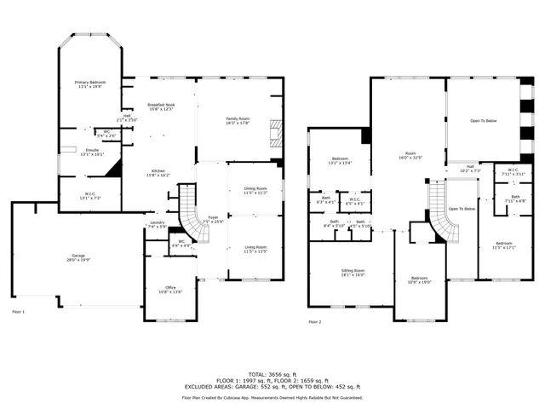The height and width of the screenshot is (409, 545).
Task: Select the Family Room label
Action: [238, 120]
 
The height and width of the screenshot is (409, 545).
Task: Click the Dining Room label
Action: [255, 190]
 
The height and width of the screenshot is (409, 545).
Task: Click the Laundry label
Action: [157, 225]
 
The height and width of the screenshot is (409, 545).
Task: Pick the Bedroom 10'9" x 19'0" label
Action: [420, 279]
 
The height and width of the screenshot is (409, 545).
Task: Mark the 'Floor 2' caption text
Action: [315, 322]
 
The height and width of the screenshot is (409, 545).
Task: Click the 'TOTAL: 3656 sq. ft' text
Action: [272, 375]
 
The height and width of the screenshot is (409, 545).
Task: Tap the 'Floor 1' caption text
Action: [19, 312]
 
